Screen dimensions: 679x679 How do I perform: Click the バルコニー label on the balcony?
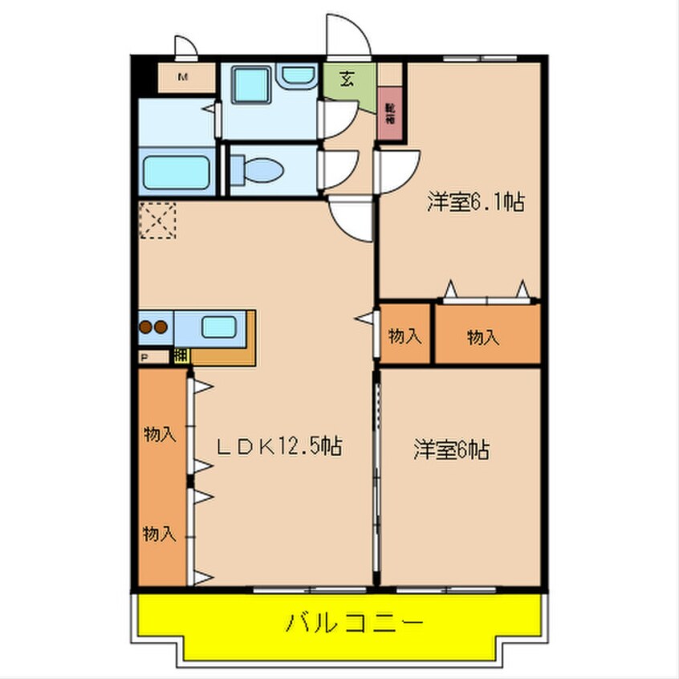[x=352, y=623]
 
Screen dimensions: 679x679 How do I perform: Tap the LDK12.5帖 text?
[x=280, y=445]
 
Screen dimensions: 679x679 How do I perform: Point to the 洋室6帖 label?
[x=451, y=449]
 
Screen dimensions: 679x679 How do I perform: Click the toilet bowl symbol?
[x=256, y=169]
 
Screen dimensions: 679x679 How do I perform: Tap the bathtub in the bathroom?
[x=177, y=171]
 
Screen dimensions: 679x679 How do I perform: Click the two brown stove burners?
[x=153, y=327]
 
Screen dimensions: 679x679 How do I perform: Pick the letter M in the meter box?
[x=183, y=78]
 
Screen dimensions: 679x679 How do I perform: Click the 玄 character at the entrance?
[x=348, y=79]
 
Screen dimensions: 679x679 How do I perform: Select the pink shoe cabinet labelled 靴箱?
[x=390, y=114]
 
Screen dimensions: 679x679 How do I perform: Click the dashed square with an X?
[x=157, y=221]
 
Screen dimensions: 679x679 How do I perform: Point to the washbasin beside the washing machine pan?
[x=297, y=75]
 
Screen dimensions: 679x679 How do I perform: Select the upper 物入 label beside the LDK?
[x=159, y=434]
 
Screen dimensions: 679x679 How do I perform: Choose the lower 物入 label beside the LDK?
[x=159, y=532]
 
